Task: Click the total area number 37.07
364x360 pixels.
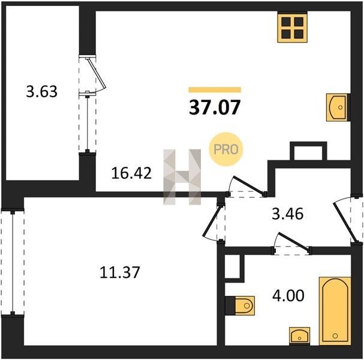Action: click(x=215, y=107)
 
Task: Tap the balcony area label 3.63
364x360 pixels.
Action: click(x=41, y=91)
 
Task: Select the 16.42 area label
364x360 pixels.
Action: click(x=131, y=173)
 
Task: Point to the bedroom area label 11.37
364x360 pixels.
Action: click(x=119, y=272)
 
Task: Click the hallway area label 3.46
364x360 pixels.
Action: click(x=287, y=214)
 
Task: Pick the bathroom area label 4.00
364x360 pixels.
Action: click(x=288, y=296)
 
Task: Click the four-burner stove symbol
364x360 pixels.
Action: click(x=292, y=28)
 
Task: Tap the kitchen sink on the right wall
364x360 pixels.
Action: click(x=338, y=107)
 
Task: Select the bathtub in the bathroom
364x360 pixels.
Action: click(x=335, y=311)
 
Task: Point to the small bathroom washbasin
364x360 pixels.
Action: click(x=299, y=335)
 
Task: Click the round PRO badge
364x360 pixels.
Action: click(x=225, y=149)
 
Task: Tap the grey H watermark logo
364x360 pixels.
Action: click(x=182, y=177)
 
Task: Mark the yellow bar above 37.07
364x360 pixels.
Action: click(x=215, y=90)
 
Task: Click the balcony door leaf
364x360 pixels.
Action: click(x=97, y=73)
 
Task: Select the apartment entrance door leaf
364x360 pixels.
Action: click(x=345, y=223)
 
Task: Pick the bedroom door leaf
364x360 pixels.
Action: click(x=212, y=221)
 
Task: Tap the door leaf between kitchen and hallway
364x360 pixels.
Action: click(x=249, y=185)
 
